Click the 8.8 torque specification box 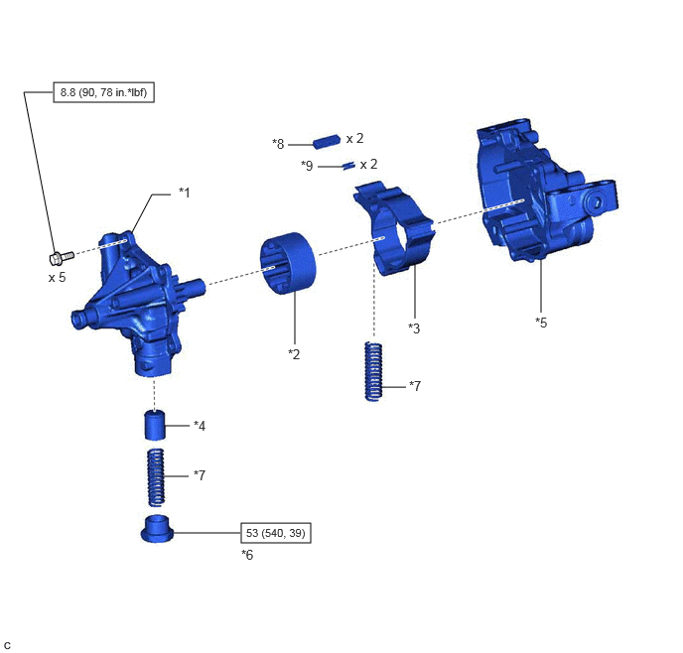tap(103, 92)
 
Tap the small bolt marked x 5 tap(62, 257)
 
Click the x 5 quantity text tap(57, 277)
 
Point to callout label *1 tap(185, 193)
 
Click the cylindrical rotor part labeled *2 tap(288, 263)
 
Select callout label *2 tap(295, 354)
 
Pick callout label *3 tap(414, 328)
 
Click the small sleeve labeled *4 tap(155, 425)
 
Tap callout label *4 tap(200, 426)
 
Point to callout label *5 tap(541, 323)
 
